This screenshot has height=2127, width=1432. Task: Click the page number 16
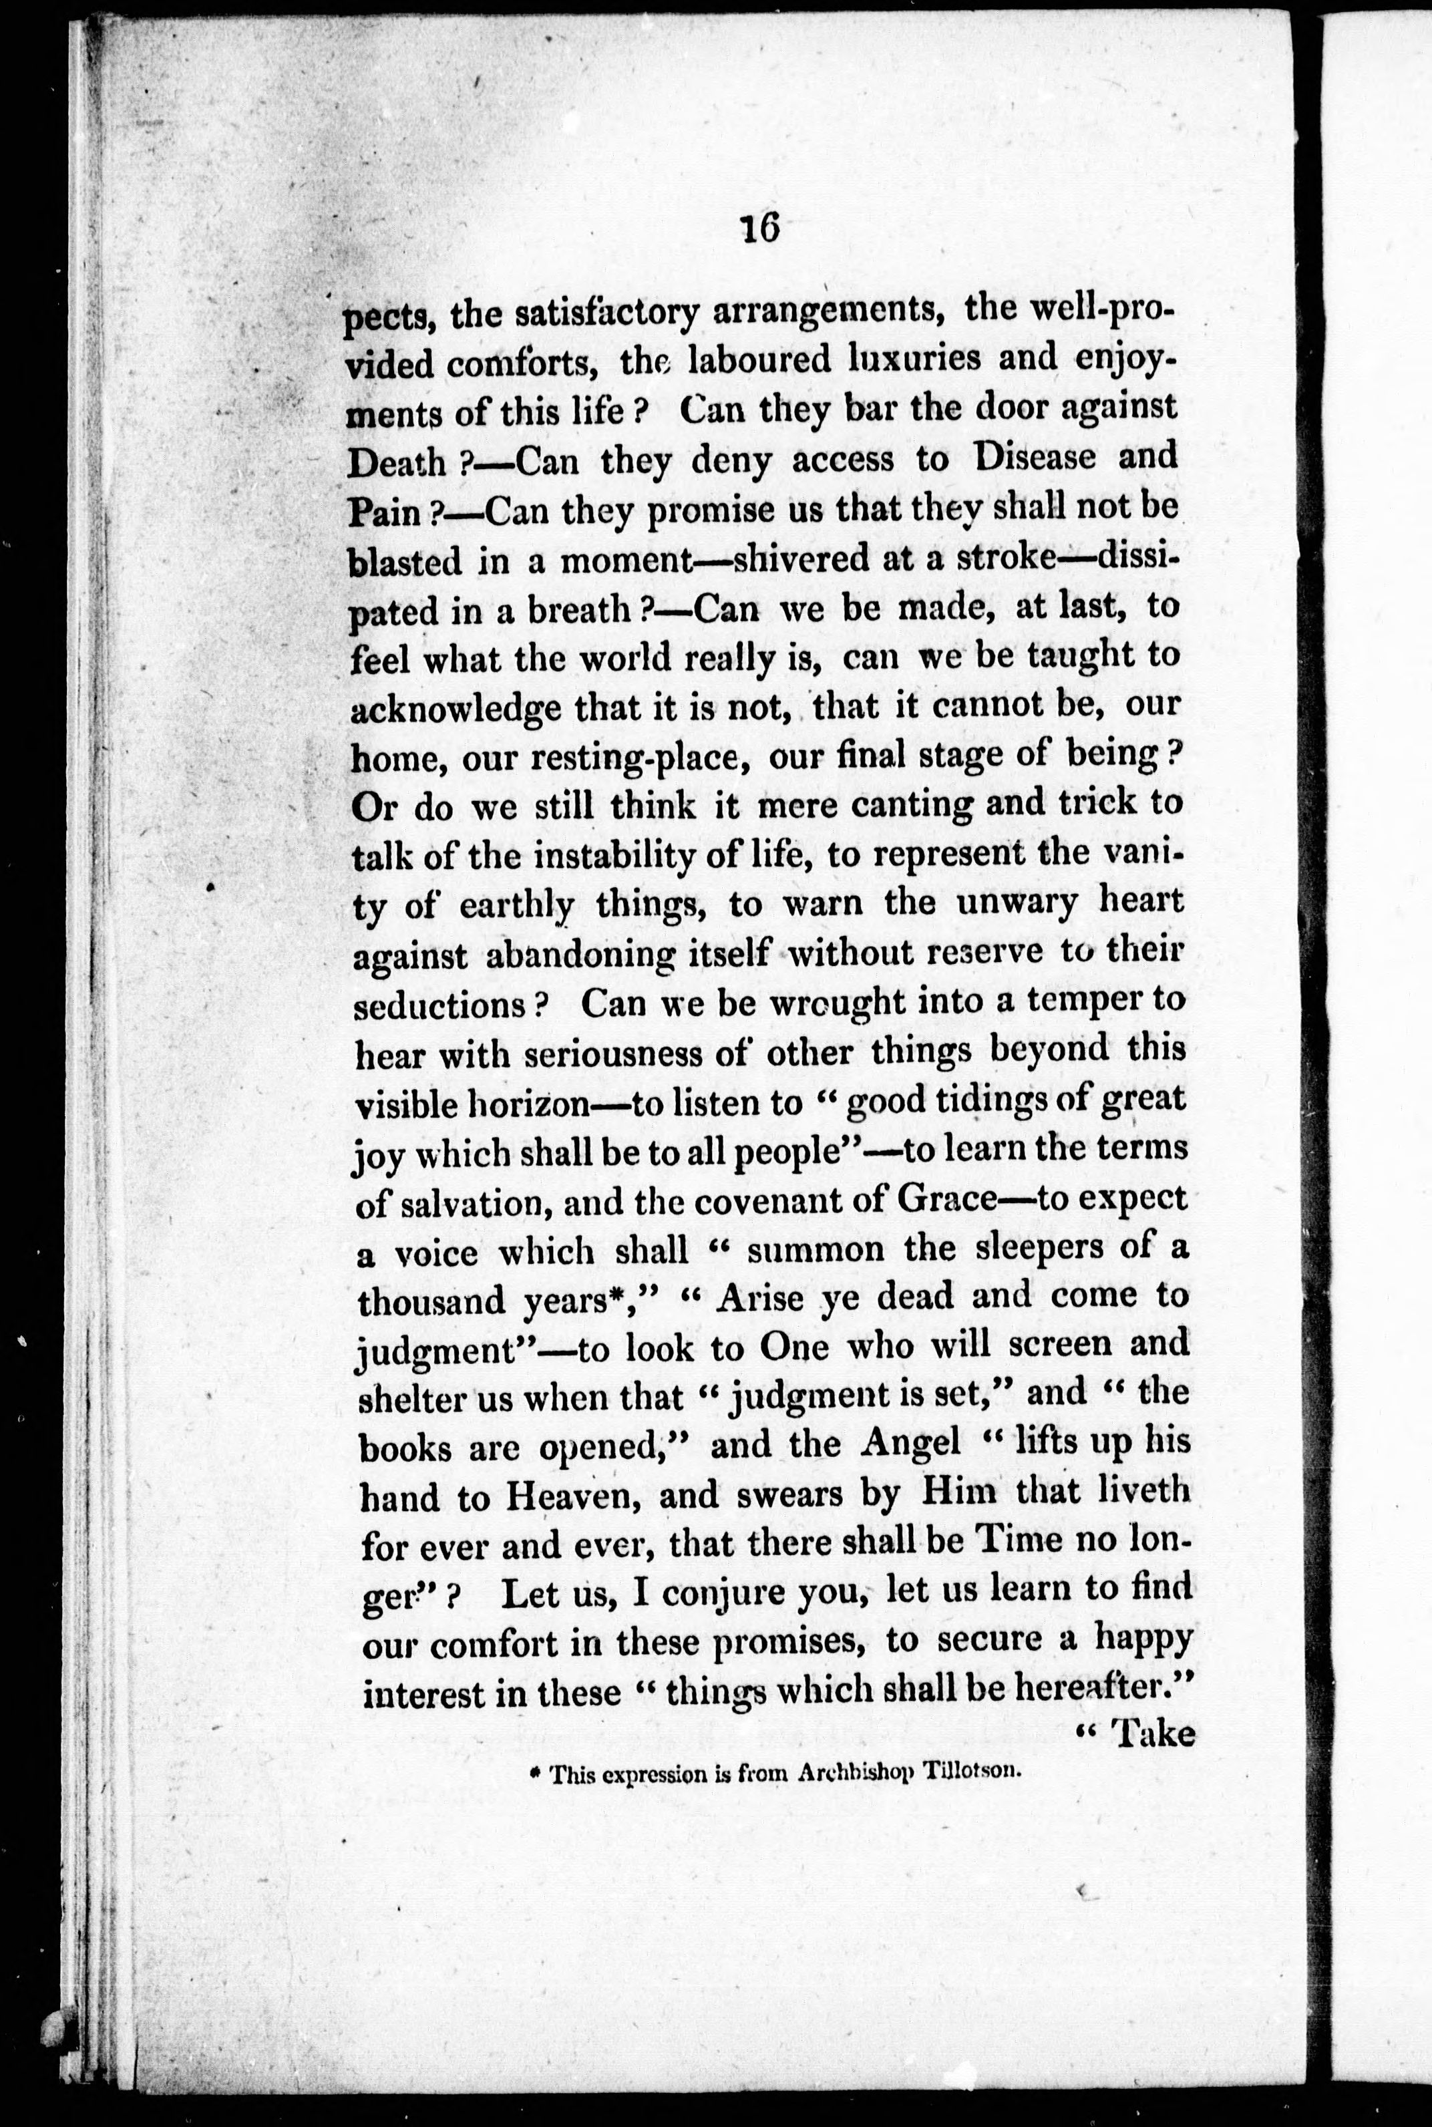pos(760,228)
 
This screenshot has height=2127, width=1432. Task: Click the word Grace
pos(945,1199)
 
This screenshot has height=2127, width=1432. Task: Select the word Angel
pos(910,1442)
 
